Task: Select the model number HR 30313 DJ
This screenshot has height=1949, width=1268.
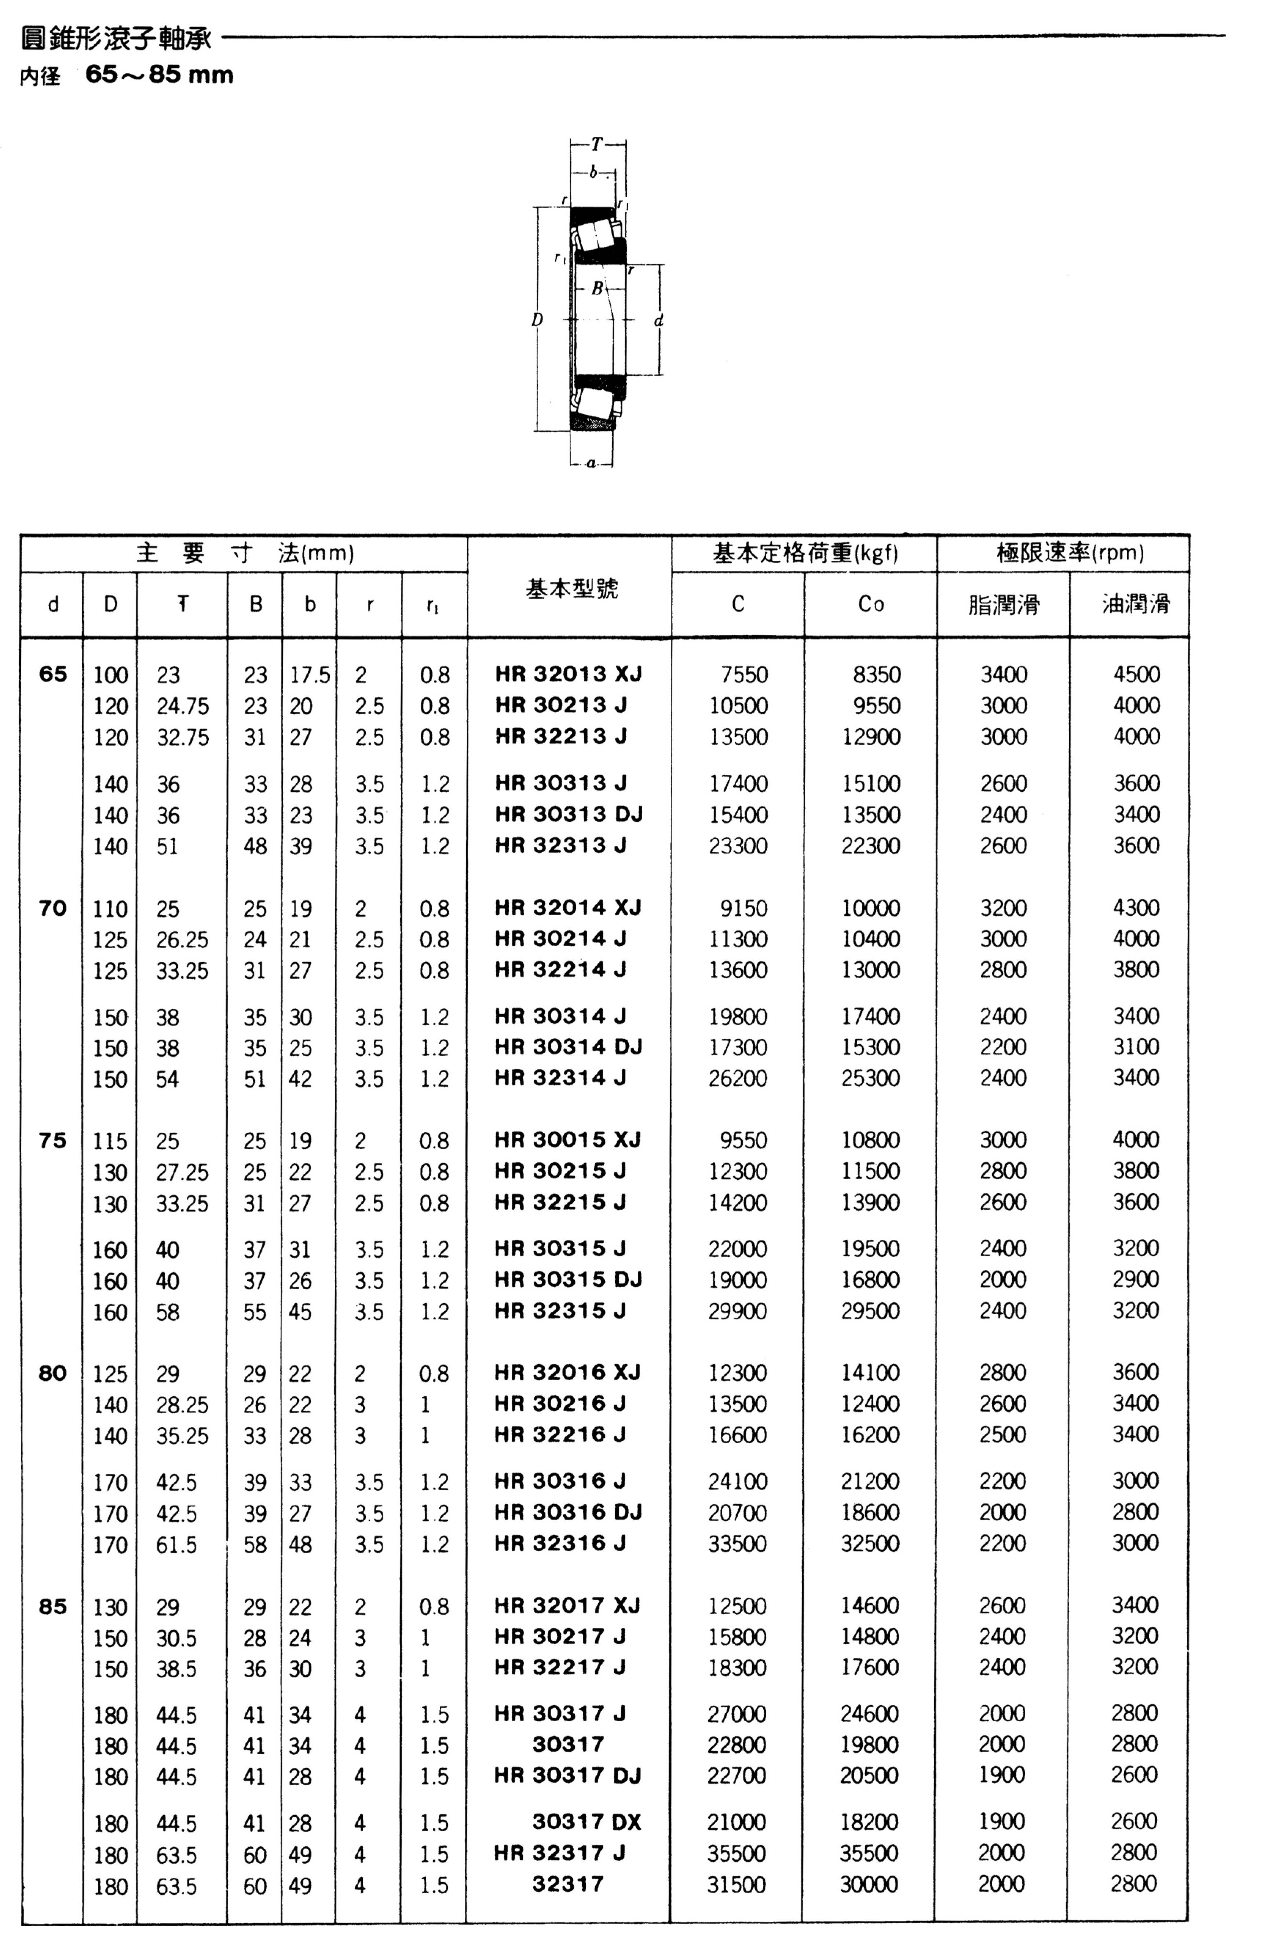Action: pos(569,814)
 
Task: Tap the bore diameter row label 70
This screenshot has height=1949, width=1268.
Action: pos(52,907)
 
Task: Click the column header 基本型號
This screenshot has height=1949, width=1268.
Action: pos(571,588)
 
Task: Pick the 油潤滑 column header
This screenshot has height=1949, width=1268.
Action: pos(1135,604)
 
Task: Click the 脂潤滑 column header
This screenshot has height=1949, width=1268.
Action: pos(1004,604)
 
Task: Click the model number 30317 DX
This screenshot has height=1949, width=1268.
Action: pos(587,1821)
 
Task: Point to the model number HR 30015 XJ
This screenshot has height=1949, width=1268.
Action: pos(568,1139)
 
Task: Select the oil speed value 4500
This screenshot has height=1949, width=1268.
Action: pos(1136,674)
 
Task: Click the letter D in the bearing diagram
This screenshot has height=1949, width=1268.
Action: pos(537,319)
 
